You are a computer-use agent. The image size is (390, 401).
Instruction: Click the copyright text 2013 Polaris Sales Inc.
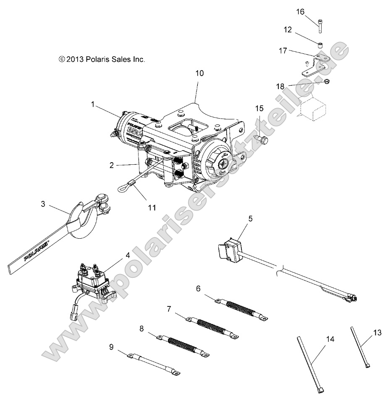102,60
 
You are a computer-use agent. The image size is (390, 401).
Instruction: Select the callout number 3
43,205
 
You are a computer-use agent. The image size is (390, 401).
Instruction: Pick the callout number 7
169,309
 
